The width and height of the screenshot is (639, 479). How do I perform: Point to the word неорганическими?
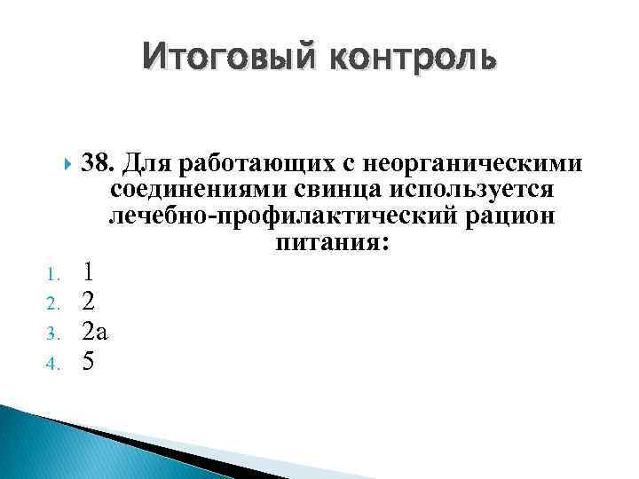474,164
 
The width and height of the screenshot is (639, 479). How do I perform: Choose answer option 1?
87,270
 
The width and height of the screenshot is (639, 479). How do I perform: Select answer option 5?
87,362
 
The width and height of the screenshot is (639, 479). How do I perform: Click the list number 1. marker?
51,272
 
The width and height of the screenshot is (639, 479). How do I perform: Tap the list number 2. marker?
51,303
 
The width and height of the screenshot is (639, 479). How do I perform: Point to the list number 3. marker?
51,334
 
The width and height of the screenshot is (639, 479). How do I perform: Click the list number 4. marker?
51,365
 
